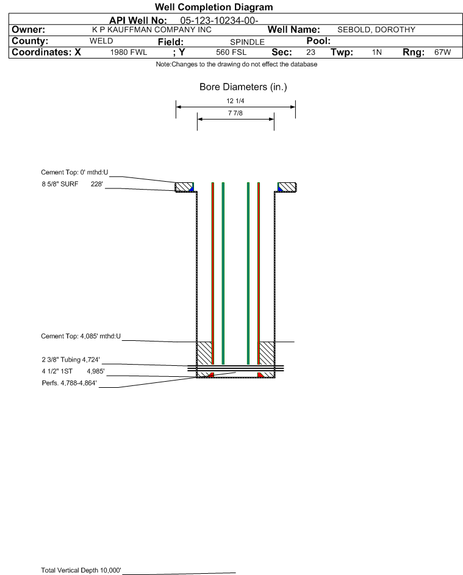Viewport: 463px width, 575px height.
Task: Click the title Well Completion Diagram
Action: tap(214, 7)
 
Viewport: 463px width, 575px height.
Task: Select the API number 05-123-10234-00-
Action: tap(219, 21)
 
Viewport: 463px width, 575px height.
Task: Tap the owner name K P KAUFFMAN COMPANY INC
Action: tap(152, 30)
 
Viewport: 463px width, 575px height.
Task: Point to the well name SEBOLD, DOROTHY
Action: tap(376, 30)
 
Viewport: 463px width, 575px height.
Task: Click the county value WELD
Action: tap(101, 41)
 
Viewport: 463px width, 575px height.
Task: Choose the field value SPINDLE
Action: tap(247, 42)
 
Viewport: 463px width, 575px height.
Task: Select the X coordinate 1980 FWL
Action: tap(128, 52)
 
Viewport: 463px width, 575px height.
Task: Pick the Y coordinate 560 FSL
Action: tap(231, 52)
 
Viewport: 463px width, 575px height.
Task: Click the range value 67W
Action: tap(442, 52)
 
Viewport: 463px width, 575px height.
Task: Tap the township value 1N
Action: tap(377, 52)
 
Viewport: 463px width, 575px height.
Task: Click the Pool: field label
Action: tap(318, 41)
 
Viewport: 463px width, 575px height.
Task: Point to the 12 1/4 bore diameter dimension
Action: tap(235, 101)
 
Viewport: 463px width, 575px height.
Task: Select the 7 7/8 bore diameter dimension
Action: tap(235, 113)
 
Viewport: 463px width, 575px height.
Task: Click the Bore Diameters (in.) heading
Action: tap(243, 87)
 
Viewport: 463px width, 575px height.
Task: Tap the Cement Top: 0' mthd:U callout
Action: tap(74, 173)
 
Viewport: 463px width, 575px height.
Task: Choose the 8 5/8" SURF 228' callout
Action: tap(72, 184)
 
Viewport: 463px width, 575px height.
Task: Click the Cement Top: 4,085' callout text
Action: tap(81, 336)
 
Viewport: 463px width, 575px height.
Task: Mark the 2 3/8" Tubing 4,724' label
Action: tap(70, 360)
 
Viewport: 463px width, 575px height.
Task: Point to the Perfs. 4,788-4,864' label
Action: tap(70, 383)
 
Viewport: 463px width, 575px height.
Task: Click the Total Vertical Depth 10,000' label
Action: tap(81, 570)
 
